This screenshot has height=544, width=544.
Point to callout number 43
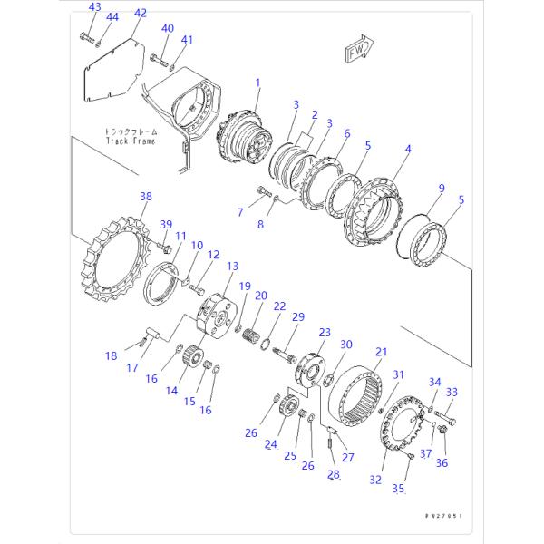coord(95,7)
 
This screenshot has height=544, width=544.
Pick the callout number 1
coord(257,83)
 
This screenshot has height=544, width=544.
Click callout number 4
coord(408,149)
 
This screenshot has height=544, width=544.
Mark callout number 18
coord(112,355)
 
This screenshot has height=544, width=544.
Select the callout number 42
coord(140,13)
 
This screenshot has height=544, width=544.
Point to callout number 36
coord(442,462)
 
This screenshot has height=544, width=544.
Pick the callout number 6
coord(345,133)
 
